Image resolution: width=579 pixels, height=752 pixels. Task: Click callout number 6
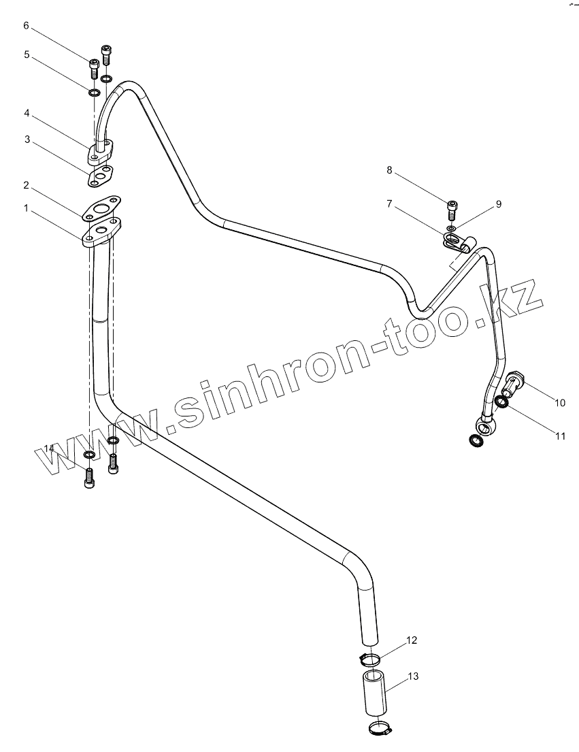pyautogui.click(x=27, y=26)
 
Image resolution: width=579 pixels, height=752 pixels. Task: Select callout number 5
pyautogui.click(x=27, y=54)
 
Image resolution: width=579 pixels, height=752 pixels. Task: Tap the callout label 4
pyautogui.click(x=27, y=111)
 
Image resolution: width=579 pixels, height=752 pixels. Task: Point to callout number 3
pyautogui.click(x=27, y=140)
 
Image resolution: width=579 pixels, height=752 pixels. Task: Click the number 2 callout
pyautogui.click(x=26, y=185)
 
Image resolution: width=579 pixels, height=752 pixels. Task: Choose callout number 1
pyautogui.click(x=26, y=208)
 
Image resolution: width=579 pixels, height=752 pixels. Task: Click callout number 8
pyautogui.click(x=390, y=170)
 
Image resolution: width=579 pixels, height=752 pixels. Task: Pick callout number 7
pyautogui.click(x=390, y=203)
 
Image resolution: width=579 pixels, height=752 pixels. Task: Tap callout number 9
pyautogui.click(x=498, y=203)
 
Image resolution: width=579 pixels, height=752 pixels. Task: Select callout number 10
pyautogui.click(x=559, y=403)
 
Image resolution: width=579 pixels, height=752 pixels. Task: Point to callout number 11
pyautogui.click(x=559, y=436)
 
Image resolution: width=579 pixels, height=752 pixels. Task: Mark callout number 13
pyautogui.click(x=413, y=676)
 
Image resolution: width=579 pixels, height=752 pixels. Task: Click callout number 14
pyautogui.click(x=48, y=447)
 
